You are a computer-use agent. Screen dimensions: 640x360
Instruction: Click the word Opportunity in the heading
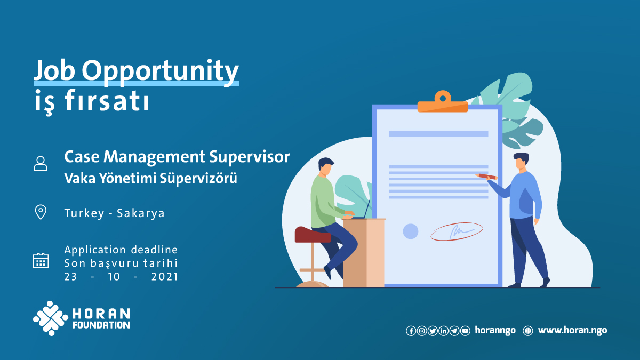coord(161,71)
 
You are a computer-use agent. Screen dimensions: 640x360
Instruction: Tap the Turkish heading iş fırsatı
coord(92,101)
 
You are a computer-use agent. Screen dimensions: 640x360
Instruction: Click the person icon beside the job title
coord(41,163)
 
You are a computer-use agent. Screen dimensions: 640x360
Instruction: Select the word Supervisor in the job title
coord(250,157)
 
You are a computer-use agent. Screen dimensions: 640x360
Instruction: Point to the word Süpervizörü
coord(198,178)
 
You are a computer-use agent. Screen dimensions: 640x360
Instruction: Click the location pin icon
coord(41,212)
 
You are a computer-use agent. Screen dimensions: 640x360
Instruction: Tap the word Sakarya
coord(141,213)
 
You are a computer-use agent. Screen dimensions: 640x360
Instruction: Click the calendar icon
coord(41,261)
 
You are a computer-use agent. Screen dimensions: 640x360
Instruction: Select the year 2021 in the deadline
coord(165,277)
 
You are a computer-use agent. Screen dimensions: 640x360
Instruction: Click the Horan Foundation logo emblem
coord(51,318)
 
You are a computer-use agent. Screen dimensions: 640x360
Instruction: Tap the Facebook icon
coord(411,331)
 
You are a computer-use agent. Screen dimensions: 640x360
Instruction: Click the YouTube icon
coord(465,331)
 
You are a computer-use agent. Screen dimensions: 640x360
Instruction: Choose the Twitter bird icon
coord(433,331)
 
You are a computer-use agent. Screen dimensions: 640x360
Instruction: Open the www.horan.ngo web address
coord(573,331)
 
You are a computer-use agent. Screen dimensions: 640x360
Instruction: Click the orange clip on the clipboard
coord(443,102)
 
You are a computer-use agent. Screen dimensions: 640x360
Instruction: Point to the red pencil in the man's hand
coord(486,177)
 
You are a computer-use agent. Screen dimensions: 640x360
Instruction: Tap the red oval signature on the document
coord(457,231)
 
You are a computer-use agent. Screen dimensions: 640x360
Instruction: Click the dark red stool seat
coord(313,235)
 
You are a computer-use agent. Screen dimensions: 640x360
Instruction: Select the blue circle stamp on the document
coord(411,231)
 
